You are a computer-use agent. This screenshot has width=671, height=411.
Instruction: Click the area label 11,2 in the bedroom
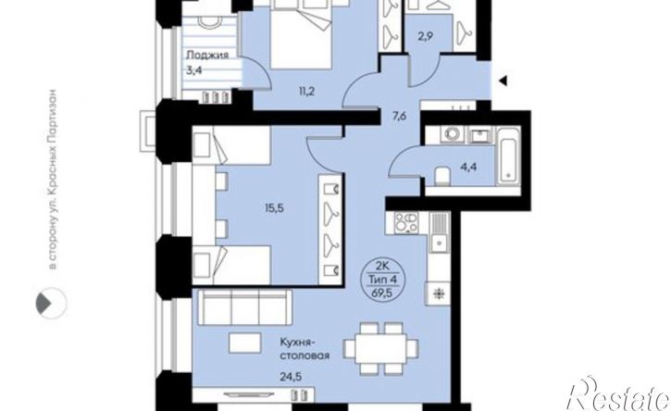(307, 92)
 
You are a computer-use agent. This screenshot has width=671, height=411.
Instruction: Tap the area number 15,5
(275, 208)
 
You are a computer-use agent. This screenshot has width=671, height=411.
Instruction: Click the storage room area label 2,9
(426, 36)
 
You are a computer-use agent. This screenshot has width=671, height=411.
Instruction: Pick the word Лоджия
(207, 56)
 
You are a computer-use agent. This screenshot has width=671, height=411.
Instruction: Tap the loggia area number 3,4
(193, 70)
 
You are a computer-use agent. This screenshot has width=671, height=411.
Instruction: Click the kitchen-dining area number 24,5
(292, 377)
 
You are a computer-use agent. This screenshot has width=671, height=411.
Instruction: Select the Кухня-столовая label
(304, 349)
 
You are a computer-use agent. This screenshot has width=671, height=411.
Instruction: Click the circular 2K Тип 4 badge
(380, 280)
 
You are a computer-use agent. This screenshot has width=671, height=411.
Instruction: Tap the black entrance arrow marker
(503, 80)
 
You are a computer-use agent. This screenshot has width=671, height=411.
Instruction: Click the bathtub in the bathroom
(508, 156)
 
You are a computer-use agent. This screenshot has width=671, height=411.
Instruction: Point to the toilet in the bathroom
(441, 177)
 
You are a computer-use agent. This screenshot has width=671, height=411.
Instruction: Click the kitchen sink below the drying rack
(439, 244)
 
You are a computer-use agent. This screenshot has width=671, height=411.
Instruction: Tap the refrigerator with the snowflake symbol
(438, 293)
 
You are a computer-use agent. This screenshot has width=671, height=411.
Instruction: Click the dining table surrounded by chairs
(381, 348)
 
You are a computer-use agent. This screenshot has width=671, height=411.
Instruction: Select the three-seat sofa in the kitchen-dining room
(244, 307)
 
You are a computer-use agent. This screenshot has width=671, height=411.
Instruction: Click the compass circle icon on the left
(51, 303)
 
